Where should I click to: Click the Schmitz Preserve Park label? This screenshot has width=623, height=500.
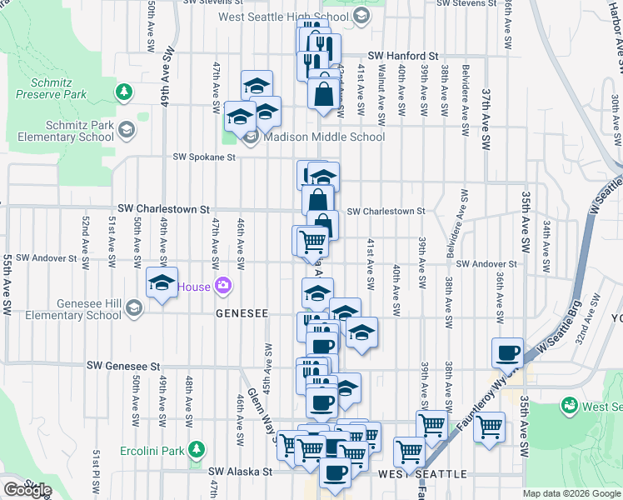point(58,89)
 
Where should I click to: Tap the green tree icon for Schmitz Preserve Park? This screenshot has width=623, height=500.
point(124,90)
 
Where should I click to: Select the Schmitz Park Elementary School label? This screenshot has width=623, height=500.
point(57,131)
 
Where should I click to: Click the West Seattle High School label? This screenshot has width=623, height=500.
point(283,17)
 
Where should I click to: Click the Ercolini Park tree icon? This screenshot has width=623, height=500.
point(197,450)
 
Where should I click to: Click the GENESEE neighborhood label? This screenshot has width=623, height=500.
point(242,314)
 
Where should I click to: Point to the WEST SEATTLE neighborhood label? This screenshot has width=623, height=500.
point(422,474)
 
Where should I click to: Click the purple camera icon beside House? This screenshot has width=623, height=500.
point(222,287)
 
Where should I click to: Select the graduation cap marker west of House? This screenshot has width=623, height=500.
point(162,282)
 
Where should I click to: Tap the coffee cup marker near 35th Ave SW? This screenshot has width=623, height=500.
point(507,352)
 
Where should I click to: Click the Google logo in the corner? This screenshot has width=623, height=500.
point(27,490)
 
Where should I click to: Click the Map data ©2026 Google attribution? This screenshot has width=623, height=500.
point(571,493)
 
